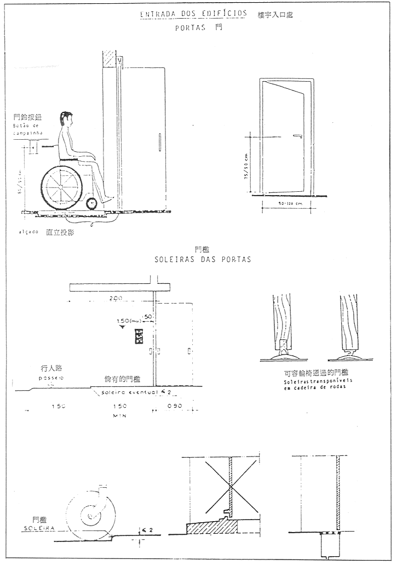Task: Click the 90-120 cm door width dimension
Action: pyautogui.click(x=286, y=203)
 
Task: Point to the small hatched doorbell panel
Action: pyautogui.click(x=139, y=336)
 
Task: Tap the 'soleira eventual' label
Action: pyautogui.click(x=129, y=392)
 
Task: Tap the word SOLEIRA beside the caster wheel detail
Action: pyautogui.click(x=38, y=528)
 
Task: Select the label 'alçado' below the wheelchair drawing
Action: pyautogui.click(x=27, y=232)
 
